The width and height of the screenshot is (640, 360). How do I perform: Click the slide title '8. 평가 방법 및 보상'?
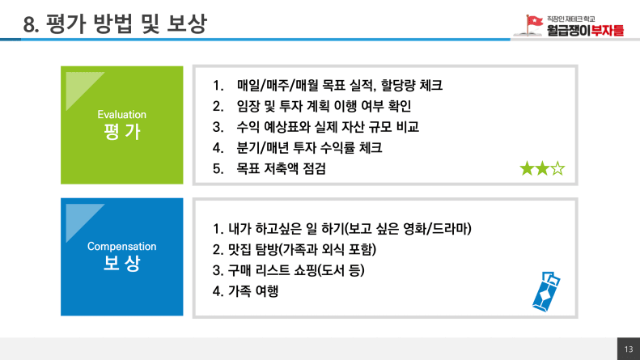coord(115,23)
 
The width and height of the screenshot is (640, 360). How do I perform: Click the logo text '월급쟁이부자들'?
coord(585,30)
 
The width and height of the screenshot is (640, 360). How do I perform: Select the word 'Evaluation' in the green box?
coord(121,114)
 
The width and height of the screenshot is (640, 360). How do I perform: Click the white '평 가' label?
coord(121,131)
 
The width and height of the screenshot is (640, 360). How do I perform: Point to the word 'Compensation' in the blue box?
coord(121,247)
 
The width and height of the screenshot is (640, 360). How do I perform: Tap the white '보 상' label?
coord(121,263)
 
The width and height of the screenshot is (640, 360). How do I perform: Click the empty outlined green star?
coord(557,168)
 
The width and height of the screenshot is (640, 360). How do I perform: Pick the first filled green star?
coord(527,168)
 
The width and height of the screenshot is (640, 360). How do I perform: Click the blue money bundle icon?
coord(546,291)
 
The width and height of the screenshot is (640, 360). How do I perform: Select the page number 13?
coord(629,349)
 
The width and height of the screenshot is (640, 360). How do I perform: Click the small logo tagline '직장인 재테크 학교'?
coord(570,19)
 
